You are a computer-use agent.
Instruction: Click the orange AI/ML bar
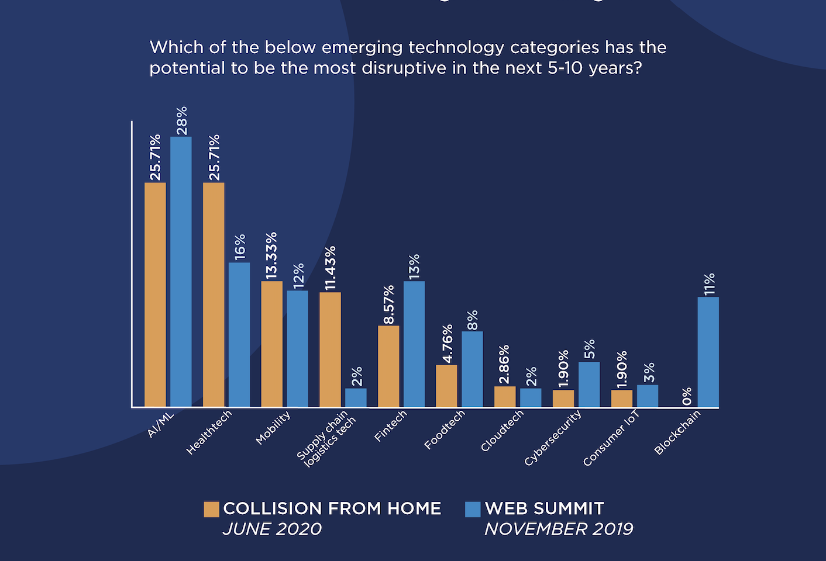pyautogui.click(x=155, y=295)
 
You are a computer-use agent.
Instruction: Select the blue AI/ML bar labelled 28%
pyautogui.click(x=181, y=272)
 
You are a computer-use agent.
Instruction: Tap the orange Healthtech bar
pyautogui.click(x=214, y=295)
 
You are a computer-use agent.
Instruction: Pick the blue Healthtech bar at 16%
pyautogui.click(x=239, y=334)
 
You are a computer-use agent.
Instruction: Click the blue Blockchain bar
pyautogui.click(x=708, y=352)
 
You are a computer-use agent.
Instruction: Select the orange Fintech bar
pyautogui.click(x=388, y=366)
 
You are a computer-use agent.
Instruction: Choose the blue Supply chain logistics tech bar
pyautogui.click(x=356, y=397)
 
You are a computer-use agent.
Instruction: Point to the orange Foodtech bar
pyautogui.click(x=446, y=386)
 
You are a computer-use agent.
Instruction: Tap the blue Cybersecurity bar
pyautogui.click(x=589, y=384)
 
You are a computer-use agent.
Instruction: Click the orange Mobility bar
pyautogui.click(x=271, y=344)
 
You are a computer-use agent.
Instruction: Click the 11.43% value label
pyautogui.click(x=331, y=268)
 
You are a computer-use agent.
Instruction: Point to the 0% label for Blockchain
pyautogui.click(x=687, y=396)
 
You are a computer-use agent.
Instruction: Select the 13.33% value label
pyautogui.click(x=271, y=255)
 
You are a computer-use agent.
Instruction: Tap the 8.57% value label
pyautogui.click(x=389, y=304)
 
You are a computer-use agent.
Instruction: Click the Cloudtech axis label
pyautogui.click(x=502, y=431)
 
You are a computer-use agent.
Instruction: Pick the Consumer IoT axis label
pyautogui.click(x=611, y=438)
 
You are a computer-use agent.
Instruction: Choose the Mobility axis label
pyautogui.click(x=273, y=428)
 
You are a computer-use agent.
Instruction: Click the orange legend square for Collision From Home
pyautogui.click(x=211, y=509)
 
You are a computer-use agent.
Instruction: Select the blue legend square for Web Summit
pyautogui.click(x=473, y=509)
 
